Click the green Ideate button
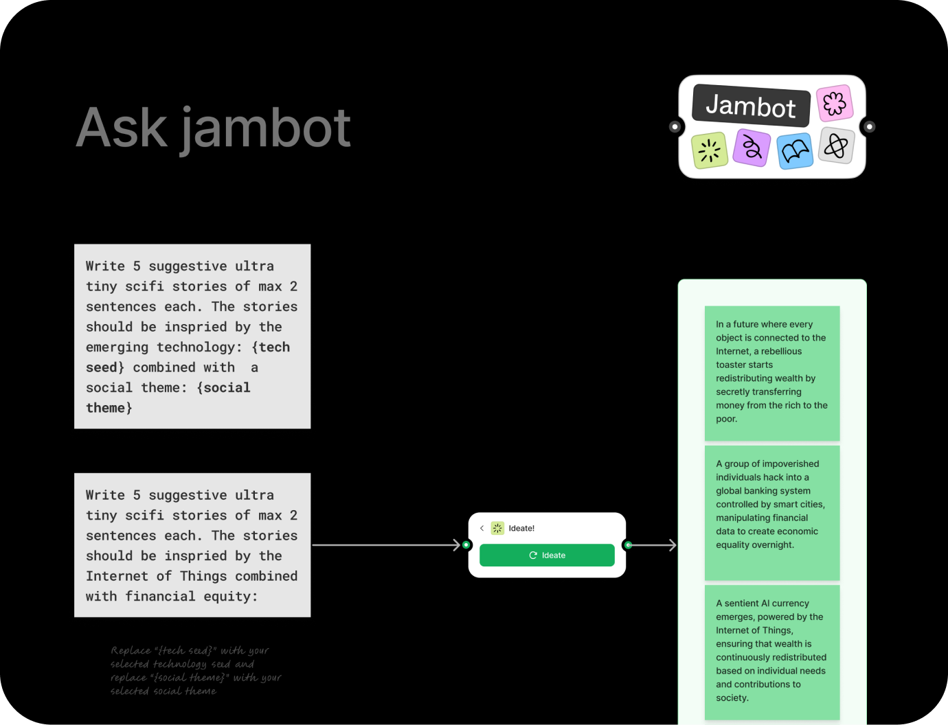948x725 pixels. [547, 555]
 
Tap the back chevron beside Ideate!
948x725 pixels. [482, 528]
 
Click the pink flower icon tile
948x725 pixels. [835, 104]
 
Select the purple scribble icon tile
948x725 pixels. [752, 148]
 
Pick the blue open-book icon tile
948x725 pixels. [795, 151]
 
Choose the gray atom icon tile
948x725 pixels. [836, 146]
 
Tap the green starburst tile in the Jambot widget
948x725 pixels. [709, 150]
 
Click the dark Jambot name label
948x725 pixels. [751, 106]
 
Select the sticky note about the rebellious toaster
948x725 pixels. [771, 372]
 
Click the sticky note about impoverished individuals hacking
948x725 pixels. [771, 511]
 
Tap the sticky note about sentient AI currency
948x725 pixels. [771, 651]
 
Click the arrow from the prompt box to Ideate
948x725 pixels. [385, 545]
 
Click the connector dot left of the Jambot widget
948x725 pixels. [675, 126]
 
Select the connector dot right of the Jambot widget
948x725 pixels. [869, 126]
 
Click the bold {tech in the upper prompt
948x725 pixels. [271, 347]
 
